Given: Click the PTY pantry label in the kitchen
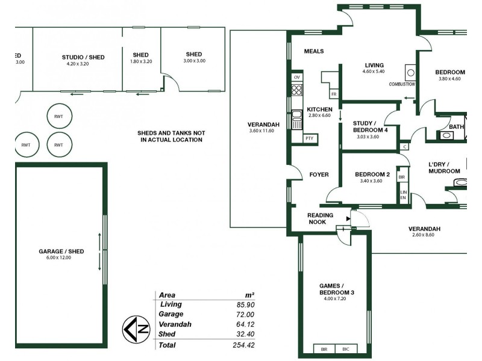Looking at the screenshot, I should tap(310, 138).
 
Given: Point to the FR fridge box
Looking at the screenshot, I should tap(333, 94).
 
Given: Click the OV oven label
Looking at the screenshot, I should tap(296, 78).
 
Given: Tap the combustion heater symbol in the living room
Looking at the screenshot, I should tap(410, 72).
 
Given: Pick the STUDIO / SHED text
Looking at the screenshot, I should tap(83, 58).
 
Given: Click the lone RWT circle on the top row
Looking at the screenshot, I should tap(59, 116).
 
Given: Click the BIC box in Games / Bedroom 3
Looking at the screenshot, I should tap(346, 349).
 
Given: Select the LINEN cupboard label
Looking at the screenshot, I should tap(403, 195).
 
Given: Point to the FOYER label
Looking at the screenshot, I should tap(319, 174).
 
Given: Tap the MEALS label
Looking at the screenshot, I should tap(314, 52).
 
